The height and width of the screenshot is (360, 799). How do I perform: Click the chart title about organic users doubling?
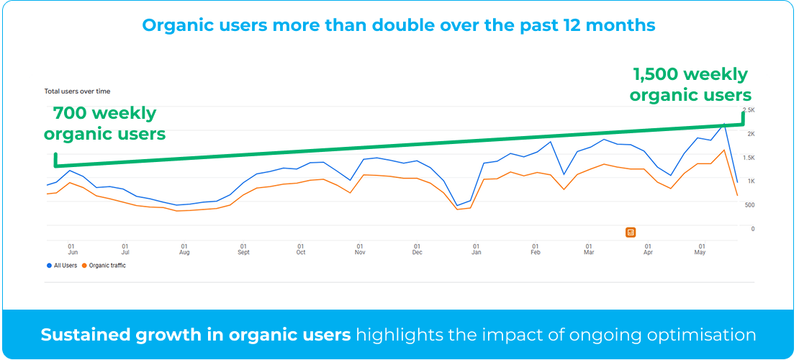pyautogui.click(x=399, y=25)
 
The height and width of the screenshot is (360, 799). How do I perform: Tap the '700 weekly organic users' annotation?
pyautogui.click(x=104, y=124)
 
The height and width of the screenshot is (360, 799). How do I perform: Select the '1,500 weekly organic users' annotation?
pyautogui.click(x=690, y=85)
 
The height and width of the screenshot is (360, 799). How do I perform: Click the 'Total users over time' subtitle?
pyautogui.click(x=77, y=91)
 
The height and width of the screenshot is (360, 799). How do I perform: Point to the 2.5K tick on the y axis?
pyautogui.click(x=749, y=110)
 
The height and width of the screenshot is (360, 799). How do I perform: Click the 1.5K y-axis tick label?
pyautogui.click(x=749, y=158)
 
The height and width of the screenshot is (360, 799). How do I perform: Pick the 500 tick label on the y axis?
pyautogui.click(x=749, y=205)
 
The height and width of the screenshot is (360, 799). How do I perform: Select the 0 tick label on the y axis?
pyautogui.click(x=753, y=229)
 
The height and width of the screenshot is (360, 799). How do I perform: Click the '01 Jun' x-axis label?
pyautogui.click(x=72, y=248)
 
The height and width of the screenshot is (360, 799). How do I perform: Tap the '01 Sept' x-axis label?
pyautogui.click(x=243, y=248)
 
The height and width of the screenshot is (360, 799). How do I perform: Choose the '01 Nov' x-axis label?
pyautogui.click(x=359, y=248)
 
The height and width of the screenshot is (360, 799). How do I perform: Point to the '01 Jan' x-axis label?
pyautogui.click(x=476, y=248)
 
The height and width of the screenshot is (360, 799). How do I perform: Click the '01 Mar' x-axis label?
pyautogui.click(x=589, y=248)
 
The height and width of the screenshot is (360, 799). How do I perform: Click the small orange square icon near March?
pyautogui.click(x=631, y=232)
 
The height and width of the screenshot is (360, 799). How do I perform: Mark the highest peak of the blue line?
pyautogui.click(x=724, y=124)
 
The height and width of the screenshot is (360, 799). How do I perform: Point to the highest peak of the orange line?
pyautogui.click(x=723, y=150)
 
